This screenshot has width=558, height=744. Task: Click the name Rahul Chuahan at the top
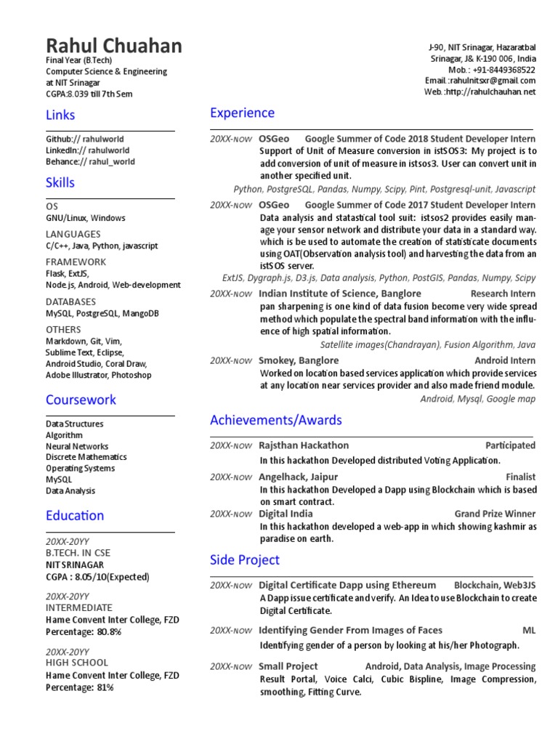click(114, 47)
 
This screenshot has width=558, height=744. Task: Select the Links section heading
click(60, 115)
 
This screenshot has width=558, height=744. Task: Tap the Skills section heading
click(60, 182)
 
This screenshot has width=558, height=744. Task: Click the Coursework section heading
click(81, 400)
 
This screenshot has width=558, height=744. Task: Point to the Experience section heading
click(242, 113)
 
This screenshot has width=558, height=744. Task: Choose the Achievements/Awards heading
click(275, 420)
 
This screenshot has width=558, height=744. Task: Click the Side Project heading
click(245, 560)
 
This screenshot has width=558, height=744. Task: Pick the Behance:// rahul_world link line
click(90, 162)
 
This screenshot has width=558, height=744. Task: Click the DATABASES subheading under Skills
click(70, 302)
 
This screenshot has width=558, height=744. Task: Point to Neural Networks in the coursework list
click(77, 446)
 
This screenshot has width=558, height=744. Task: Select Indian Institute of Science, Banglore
click(340, 294)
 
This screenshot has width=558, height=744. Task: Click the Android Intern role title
click(505, 360)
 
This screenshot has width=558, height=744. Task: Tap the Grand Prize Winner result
click(495, 514)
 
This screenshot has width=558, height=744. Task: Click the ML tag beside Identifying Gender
click(529, 630)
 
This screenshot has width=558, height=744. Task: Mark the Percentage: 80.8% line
click(84, 632)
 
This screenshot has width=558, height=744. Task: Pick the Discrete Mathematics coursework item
click(86, 457)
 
